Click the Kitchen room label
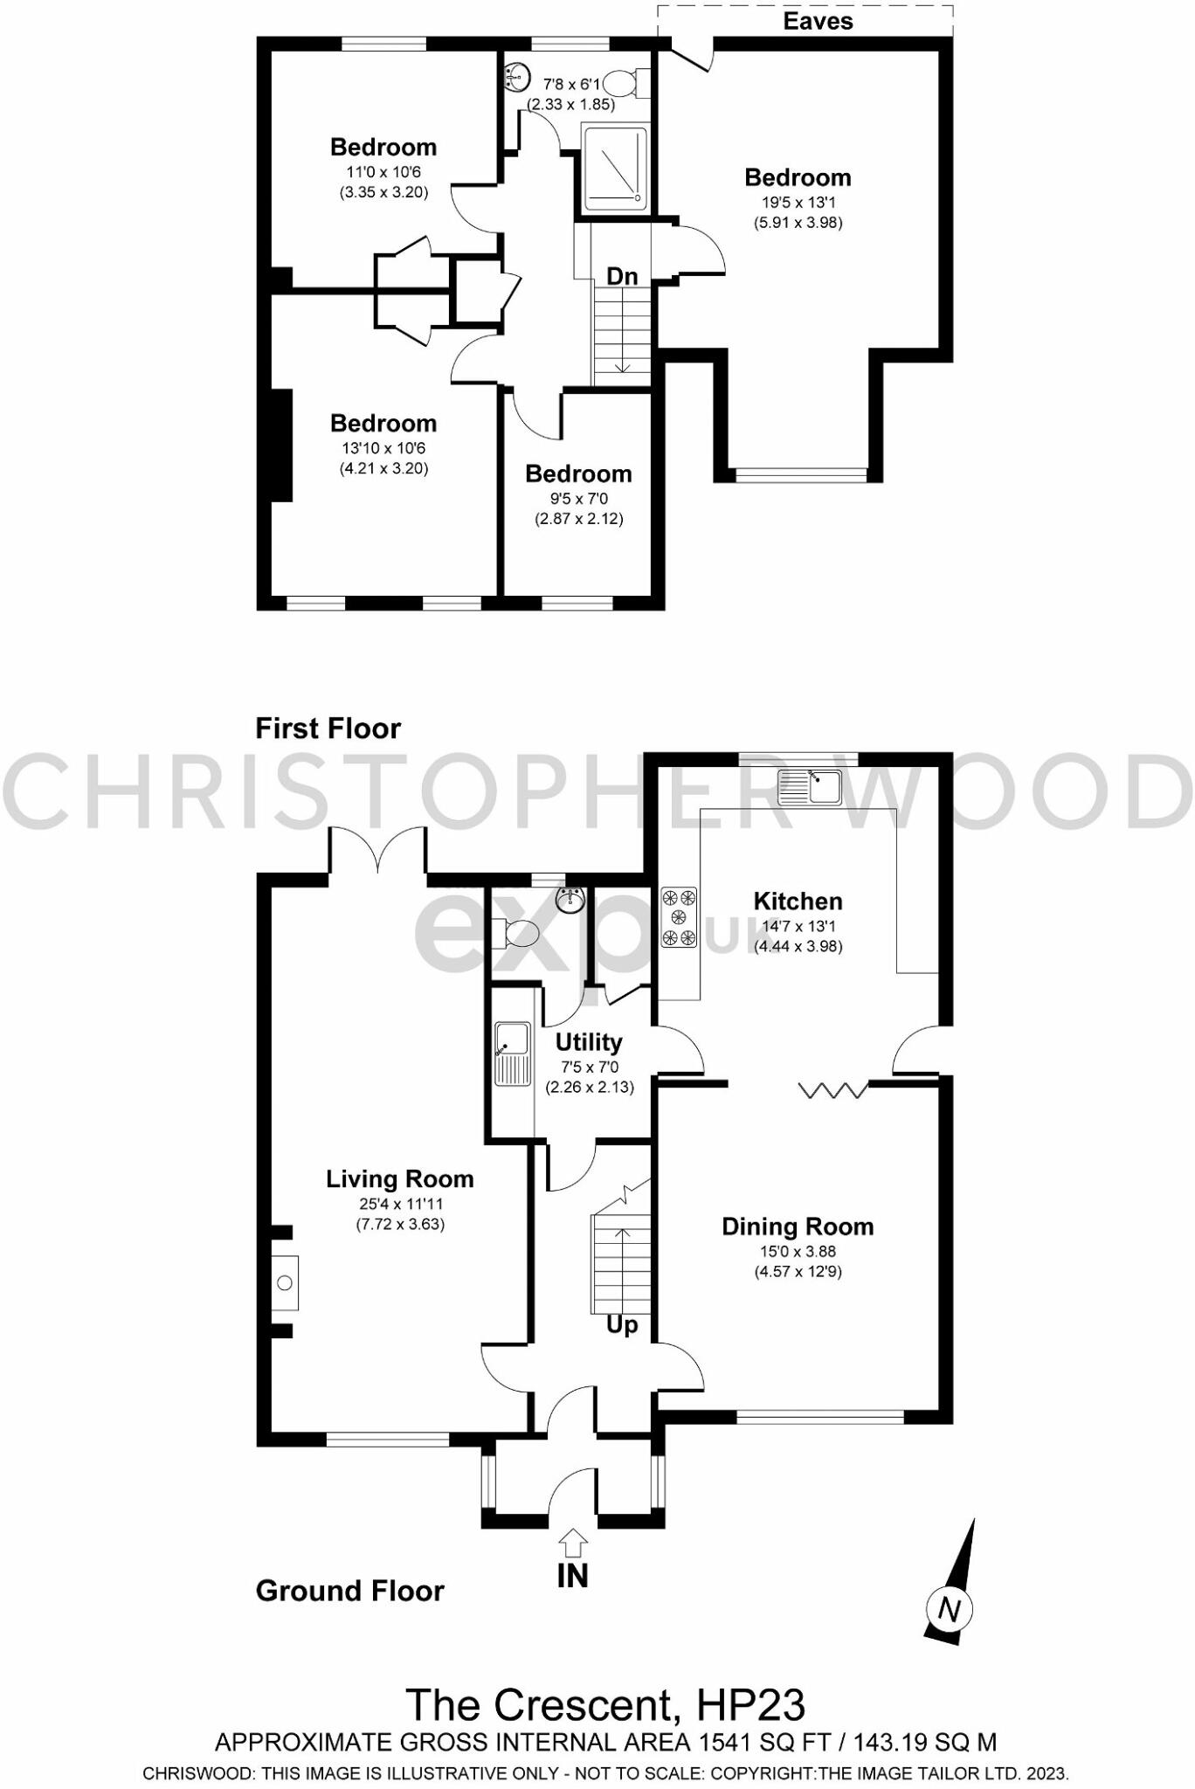pyautogui.click(x=798, y=901)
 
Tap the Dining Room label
pyautogui.click(x=798, y=1226)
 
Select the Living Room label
pyautogui.click(x=400, y=1179)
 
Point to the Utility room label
pyautogui.click(x=589, y=1042)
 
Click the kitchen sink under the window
pyautogui.click(x=809, y=787)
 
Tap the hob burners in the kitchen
pyautogui.click(x=680, y=917)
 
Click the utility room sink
pyautogui.click(x=513, y=1053)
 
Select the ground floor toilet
pyautogui.click(x=516, y=933)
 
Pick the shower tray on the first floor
pyautogui.click(x=615, y=169)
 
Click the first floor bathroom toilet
pyautogui.click(x=625, y=84)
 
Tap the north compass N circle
pyautogui.click(x=950, y=1608)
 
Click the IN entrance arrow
pyautogui.click(x=572, y=1543)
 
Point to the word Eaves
pyautogui.click(x=818, y=21)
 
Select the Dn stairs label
pyautogui.click(x=622, y=276)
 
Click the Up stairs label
pyautogui.click(x=622, y=1325)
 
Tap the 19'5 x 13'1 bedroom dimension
pyautogui.click(x=798, y=203)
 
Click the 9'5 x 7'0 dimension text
pyautogui.click(x=578, y=499)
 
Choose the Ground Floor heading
pyautogui.click(x=349, y=1591)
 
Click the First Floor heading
pyautogui.click(x=328, y=728)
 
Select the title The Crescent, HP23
pyautogui.click(x=605, y=1704)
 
